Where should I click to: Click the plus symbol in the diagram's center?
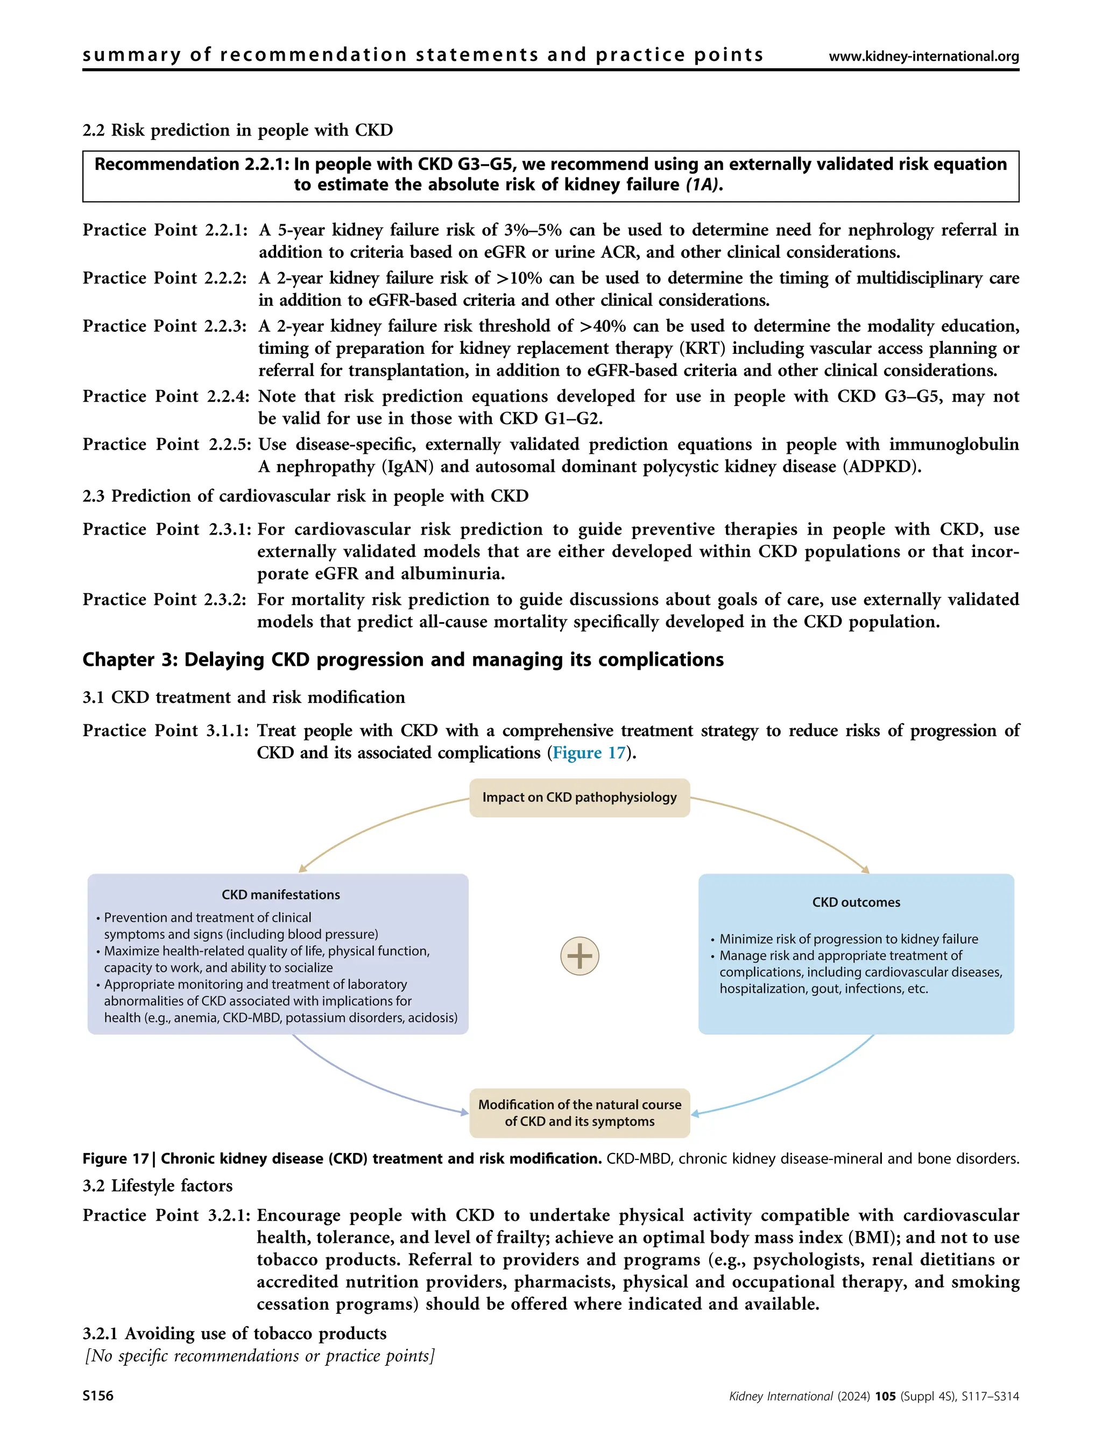579,955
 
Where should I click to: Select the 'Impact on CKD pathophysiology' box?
579,797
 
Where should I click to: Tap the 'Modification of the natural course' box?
579,1113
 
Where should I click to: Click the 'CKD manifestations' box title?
280,895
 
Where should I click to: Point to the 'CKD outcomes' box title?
856,902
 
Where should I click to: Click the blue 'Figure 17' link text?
589,753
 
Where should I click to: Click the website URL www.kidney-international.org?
923,56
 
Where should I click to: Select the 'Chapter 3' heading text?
402,660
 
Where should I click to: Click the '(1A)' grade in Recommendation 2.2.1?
701,185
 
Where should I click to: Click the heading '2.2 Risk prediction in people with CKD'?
238,130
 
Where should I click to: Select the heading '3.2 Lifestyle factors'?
158,1185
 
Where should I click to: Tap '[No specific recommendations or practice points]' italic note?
259,1356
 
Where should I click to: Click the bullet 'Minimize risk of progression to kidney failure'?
848,938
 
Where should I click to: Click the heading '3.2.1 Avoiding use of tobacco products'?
235,1333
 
